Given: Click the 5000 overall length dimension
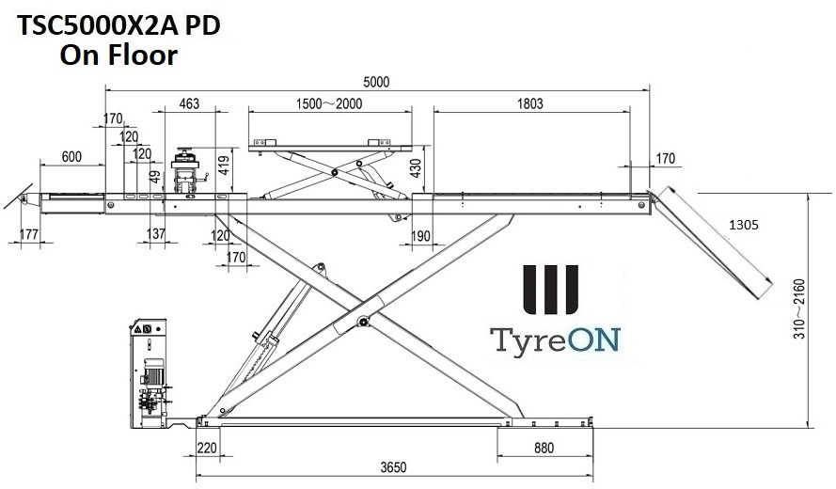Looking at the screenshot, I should (375, 82).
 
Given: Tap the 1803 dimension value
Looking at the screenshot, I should (530, 104).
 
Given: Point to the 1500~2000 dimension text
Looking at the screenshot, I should (328, 104).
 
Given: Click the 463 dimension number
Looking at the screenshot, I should (189, 104).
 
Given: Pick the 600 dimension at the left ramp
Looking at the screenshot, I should (70, 156).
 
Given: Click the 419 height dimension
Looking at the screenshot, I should (223, 167).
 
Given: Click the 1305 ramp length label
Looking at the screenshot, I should (743, 226).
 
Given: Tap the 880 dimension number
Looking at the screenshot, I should (544, 449).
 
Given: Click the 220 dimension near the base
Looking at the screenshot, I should (207, 449).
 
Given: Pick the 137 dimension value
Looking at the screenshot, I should (157, 234).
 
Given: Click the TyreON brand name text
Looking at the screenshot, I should (552, 339).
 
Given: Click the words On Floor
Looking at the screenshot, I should (118, 55).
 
